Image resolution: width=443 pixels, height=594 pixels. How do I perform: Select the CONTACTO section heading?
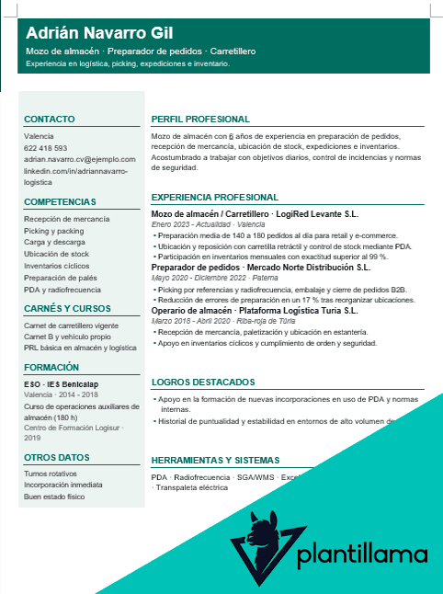(x=50, y=120)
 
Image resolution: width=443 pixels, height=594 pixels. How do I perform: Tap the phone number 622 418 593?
(x=45, y=148)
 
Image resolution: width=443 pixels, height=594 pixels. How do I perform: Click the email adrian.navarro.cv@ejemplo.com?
(x=80, y=159)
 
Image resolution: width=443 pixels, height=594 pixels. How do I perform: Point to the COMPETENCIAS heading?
(x=60, y=201)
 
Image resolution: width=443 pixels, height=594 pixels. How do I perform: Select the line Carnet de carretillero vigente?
(x=71, y=326)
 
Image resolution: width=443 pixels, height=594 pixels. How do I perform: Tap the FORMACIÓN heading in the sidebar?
(x=51, y=367)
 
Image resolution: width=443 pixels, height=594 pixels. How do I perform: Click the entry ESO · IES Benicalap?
(x=61, y=383)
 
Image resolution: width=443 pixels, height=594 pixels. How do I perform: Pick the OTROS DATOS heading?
(x=57, y=456)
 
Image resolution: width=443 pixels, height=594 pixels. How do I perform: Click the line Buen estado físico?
(x=54, y=497)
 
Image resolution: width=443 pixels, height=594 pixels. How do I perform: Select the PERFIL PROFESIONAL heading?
(x=200, y=120)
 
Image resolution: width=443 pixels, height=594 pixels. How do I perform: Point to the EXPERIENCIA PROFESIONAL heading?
(x=214, y=197)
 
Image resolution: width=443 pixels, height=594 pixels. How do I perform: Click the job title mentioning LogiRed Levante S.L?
(x=255, y=213)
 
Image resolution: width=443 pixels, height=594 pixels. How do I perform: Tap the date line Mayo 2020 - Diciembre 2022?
(x=205, y=279)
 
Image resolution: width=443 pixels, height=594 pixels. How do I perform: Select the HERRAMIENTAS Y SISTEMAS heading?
(x=214, y=460)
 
